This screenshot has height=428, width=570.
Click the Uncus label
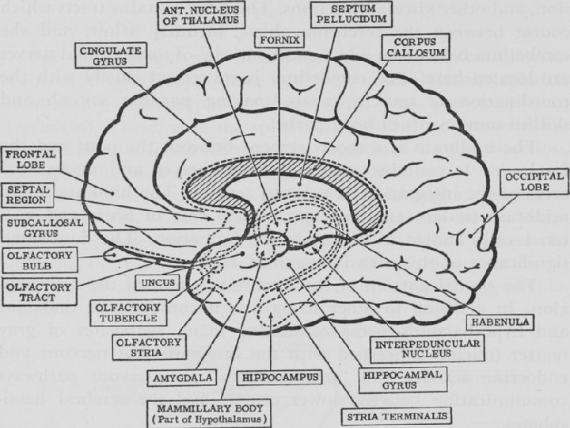pos(158,281)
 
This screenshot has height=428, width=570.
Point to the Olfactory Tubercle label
pos(128,311)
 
